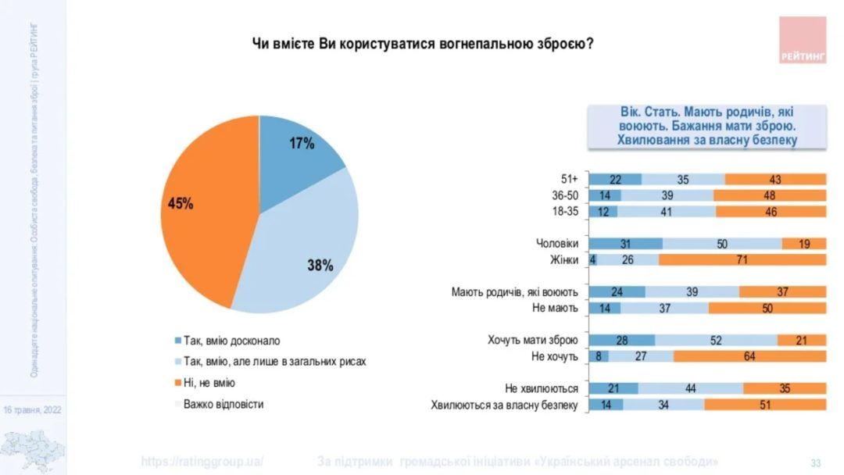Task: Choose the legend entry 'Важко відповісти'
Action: pyautogui.click(x=223, y=404)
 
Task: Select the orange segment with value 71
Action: pyautogui.click(x=742, y=260)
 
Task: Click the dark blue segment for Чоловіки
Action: pyautogui.click(x=625, y=244)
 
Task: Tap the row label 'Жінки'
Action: pyautogui.click(x=563, y=260)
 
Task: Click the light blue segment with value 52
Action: pyautogui.click(x=716, y=340)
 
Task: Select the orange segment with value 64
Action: pyautogui.click(x=749, y=356)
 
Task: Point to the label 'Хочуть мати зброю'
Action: pyautogui.click(x=532, y=340)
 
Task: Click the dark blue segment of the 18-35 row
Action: pyautogui.click(x=603, y=212)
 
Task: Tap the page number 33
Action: pyautogui.click(x=815, y=462)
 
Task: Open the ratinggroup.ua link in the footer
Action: pyautogui.click(x=202, y=461)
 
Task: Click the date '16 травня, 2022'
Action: pyautogui.click(x=32, y=409)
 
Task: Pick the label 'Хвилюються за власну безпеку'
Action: pyautogui.click(x=504, y=405)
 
